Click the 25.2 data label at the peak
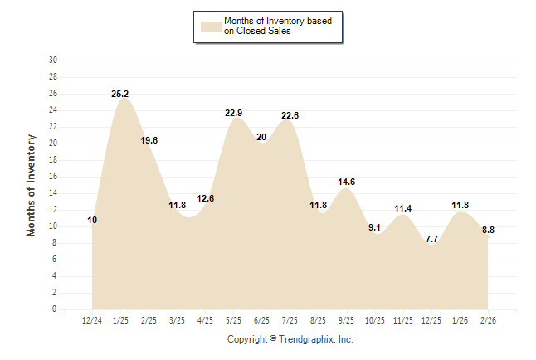120,95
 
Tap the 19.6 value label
149,141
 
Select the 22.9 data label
234,114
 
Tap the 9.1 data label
374,228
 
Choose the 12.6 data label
206,199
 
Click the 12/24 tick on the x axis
93,319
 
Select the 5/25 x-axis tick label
233,319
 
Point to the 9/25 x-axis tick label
346,319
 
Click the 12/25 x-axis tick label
431,319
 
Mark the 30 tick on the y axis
53,61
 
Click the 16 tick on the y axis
53,177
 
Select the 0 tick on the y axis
55,309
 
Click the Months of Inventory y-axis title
32,185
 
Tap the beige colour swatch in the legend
210,26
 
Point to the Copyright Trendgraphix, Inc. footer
290,339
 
